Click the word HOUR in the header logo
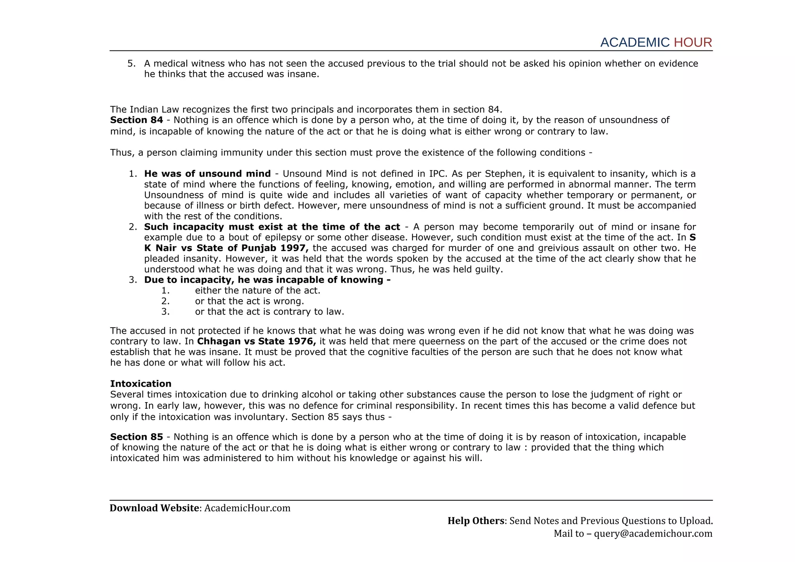(693, 42)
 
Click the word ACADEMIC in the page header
(635, 42)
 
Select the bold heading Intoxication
(141, 384)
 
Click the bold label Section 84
(136, 120)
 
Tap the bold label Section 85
(136, 437)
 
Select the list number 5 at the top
(131, 63)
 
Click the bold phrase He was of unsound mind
(207, 173)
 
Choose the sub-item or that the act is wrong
(249, 301)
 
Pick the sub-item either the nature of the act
(257, 290)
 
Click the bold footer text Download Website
(154, 508)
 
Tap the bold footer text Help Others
(476, 521)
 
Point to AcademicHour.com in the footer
(247, 508)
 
